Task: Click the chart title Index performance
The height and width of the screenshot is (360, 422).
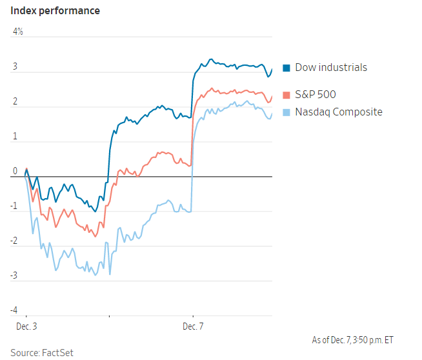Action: pos(55,11)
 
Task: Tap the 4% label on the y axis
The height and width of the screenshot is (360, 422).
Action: pos(17,32)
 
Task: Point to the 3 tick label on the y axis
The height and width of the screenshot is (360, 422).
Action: pos(15,66)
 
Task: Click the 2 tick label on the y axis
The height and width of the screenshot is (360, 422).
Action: pos(15,101)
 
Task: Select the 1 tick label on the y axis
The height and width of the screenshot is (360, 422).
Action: pos(15,136)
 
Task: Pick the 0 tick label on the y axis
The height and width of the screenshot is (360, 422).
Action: pos(15,171)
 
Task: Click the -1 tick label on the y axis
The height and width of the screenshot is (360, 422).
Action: pos(14,206)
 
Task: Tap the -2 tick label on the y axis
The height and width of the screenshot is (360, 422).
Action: pos(14,241)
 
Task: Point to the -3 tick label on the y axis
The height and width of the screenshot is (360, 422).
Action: pos(14,275)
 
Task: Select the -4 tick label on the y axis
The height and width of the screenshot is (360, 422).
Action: pos(14,310)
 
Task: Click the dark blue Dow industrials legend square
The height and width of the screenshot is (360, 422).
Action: pos(286,68)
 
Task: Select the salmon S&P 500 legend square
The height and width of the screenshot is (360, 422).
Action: pos(286,95)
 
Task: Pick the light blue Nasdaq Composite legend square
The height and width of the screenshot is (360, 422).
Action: pos(286,112)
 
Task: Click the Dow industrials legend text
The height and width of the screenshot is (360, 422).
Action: pos(331,68)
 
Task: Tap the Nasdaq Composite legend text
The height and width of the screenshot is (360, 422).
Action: pos(339,112)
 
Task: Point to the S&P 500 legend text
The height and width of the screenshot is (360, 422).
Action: pos(316,95)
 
